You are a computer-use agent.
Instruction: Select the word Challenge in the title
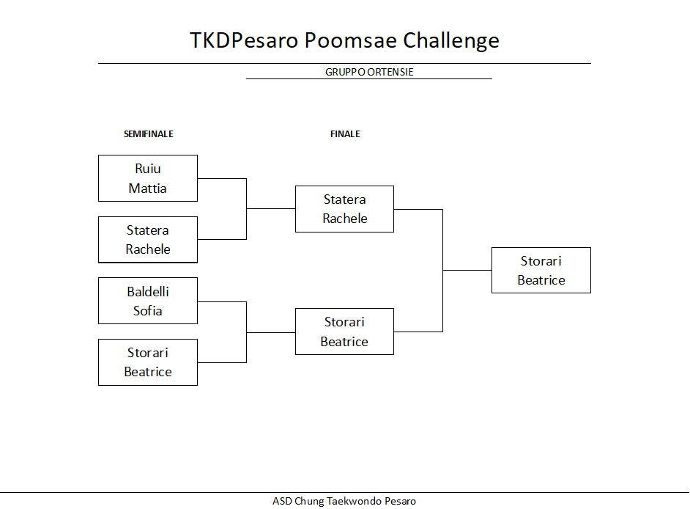451,41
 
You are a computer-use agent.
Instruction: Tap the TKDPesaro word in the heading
244,40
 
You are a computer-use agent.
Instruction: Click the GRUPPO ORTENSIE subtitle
369,72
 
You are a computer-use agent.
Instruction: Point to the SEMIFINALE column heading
148,134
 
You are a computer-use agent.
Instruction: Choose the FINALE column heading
345,134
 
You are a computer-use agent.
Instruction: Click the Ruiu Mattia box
148,178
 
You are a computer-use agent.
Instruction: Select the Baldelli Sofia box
148,301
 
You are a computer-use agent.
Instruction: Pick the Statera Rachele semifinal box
148,240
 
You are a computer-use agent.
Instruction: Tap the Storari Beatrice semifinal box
148,362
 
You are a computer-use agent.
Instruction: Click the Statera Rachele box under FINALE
344,209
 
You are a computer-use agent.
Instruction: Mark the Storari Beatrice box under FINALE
344,332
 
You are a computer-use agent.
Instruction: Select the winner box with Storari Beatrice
541,270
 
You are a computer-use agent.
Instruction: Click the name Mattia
147,188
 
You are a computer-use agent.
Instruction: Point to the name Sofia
147,311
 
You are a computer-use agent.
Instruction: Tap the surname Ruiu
148,169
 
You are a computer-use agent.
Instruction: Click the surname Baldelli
148,291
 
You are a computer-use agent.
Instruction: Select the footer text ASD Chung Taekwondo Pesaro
344,501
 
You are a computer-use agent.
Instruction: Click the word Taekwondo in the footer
355,501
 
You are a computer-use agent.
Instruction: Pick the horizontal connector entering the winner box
467,270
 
